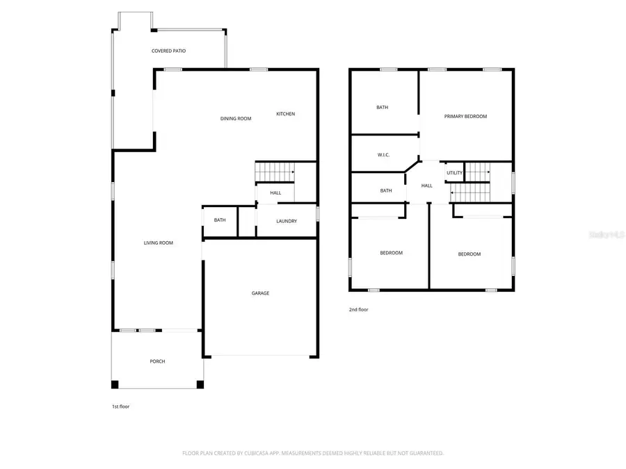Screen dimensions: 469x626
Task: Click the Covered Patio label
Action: [168, 51]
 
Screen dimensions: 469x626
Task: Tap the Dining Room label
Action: [236, 119]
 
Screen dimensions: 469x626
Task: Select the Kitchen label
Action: [286, 114]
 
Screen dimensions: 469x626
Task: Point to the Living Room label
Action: [158, 243]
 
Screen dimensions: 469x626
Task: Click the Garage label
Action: [260, 293]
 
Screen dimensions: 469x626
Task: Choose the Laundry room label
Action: [287, 222]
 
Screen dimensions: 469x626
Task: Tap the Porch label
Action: [157, 361]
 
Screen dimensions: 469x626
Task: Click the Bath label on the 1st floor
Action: [220, 220]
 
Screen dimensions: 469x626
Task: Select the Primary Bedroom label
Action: [465, 117]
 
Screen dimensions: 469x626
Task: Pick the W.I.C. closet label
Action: [383, 154]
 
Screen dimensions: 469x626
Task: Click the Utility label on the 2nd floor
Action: [454, 173]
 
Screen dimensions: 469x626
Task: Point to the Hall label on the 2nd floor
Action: [427, 186]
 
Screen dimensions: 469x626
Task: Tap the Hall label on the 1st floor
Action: [275, 193]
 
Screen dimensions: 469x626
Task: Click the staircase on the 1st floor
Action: [275, 171]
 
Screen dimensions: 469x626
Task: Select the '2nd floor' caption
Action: [359, 310]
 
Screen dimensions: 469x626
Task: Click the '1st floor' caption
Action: [120, 406]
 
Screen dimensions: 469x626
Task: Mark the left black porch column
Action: [115, 384]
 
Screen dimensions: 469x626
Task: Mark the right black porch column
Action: [200, 384]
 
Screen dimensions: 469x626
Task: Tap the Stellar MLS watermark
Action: [607, 236]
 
